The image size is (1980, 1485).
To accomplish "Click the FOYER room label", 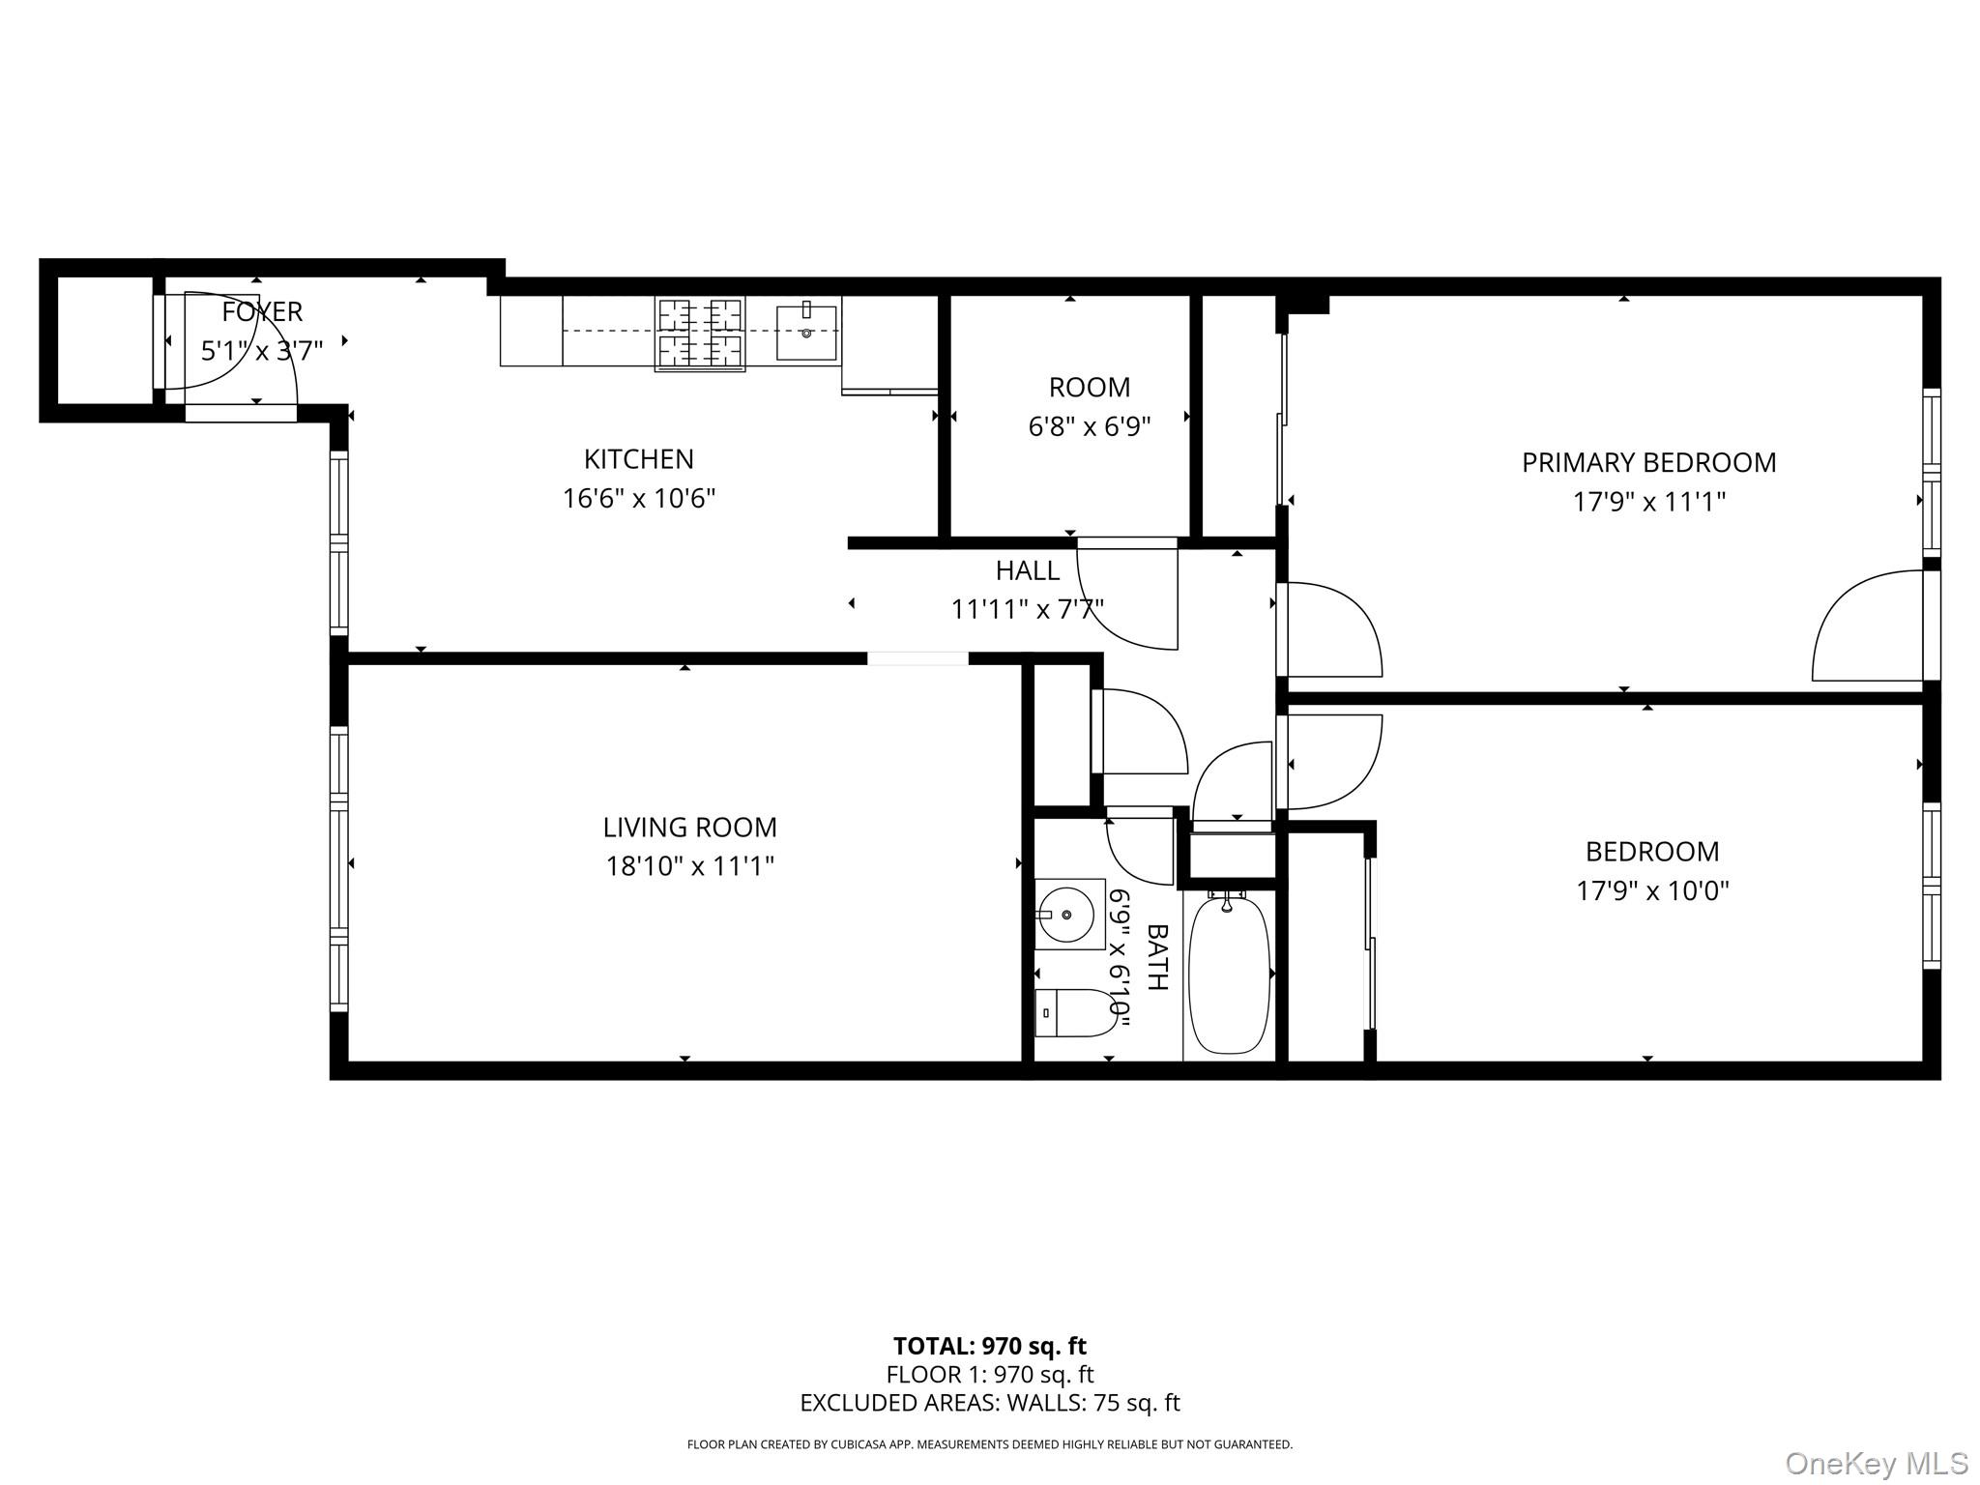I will pos(262,311).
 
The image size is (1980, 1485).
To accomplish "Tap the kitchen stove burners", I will pos(700,335).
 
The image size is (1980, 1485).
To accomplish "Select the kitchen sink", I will pos(806,332).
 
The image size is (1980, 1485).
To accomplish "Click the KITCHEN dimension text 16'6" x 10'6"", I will pos(639,499).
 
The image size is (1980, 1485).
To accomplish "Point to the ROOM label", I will pos(1090,388).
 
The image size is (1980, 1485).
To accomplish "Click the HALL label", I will pos(1028,570).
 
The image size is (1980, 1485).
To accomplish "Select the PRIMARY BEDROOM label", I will pos(1648,463).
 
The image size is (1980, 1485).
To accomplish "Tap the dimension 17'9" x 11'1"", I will pos(1648,503).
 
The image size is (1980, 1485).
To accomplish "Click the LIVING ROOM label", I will pos(689,828).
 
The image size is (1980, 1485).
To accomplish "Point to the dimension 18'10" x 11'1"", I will pos(689,866).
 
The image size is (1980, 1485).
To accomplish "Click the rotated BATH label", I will pos(1157,957).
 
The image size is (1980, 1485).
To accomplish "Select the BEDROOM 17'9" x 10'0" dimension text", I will pos(1652,890).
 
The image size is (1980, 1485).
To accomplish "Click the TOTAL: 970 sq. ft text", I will pos(989,1346).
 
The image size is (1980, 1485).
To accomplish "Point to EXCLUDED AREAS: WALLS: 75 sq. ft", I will pos(989,1403).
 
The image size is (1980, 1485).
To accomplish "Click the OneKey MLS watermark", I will pos(1877,1463).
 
